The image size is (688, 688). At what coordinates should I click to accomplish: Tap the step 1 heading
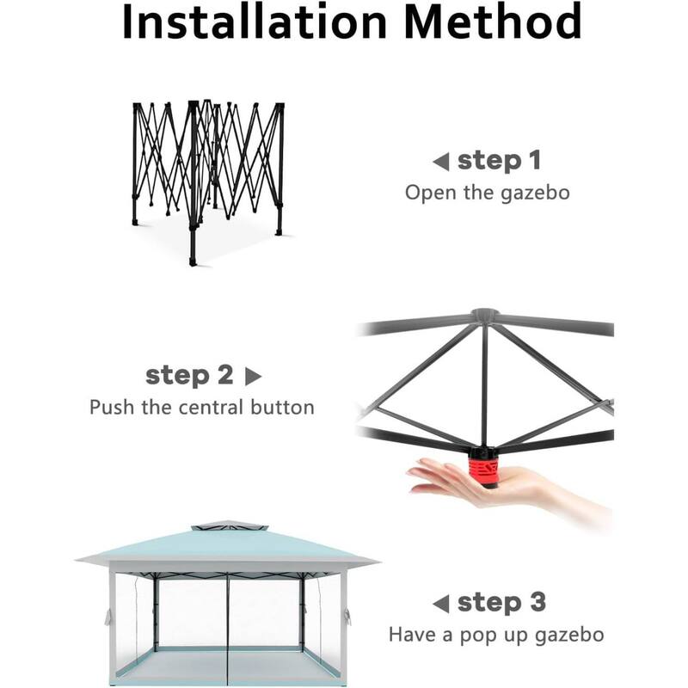click(501, 161)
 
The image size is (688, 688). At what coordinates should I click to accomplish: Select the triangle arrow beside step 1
click(440, 162)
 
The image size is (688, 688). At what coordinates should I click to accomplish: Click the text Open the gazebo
click(487, 192)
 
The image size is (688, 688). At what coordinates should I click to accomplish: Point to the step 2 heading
click(189, 375)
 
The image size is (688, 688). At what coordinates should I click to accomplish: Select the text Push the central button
click(202, 407)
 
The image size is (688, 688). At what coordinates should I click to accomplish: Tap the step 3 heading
click(501, 602)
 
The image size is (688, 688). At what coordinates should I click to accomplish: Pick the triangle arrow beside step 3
click(440, 603)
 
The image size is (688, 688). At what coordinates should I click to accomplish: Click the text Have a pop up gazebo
click(496, 635)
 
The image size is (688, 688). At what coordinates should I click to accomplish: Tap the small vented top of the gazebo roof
click(226, 525)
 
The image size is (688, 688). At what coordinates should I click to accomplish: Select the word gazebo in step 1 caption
click(535, 192)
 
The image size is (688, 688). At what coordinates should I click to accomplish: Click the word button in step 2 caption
click(283, 407)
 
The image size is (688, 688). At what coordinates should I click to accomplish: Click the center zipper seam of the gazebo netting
click(227, 624)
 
